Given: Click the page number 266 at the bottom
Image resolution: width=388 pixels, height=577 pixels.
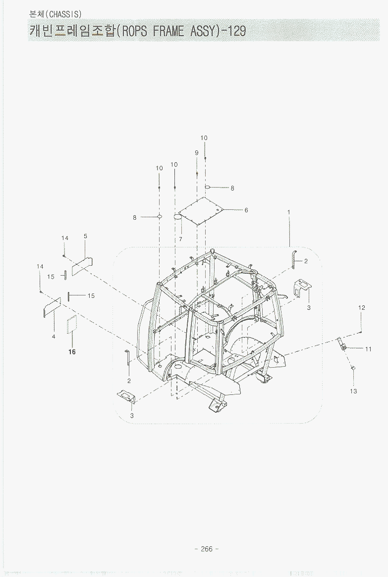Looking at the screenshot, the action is point(207,549).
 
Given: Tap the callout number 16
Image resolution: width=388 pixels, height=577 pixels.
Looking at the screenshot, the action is point(72,352).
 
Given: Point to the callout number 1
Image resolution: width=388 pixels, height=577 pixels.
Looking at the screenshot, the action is point(289,212).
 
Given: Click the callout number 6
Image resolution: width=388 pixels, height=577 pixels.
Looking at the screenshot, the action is point(246,210).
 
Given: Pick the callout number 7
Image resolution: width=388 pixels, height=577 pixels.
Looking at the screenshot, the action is point(180,239).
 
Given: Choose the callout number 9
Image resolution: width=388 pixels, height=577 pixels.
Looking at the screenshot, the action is point(197,153).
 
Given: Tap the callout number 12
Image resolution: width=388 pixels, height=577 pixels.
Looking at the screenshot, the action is point(361,308).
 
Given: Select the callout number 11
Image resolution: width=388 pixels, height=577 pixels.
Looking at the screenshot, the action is point(369,349).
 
